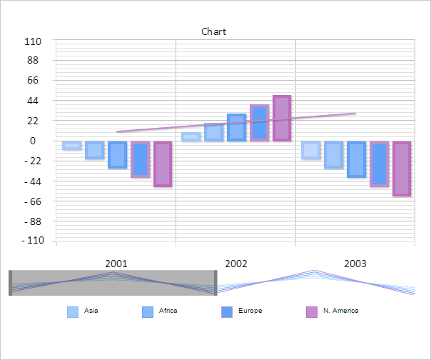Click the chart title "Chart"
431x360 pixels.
pos(213,31)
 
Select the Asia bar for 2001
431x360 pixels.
pos(71,146)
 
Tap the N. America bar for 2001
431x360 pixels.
pos(163,164)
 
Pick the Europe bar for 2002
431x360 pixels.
pos(237,127)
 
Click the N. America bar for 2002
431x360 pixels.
pos(282,118)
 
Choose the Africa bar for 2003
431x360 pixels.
pos(333,154)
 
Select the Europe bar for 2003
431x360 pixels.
pos(356,159)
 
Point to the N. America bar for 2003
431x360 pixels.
pos(402,169)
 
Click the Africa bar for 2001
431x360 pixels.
pos(94,150)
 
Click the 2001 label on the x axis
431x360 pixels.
pos(116,264)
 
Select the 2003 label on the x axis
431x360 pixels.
pos(355,264)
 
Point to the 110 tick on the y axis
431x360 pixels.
pos(33,41)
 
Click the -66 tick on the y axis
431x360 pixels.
pos(33,201)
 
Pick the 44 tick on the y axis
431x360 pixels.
pos(33,101)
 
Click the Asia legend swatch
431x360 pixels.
pos(73,312)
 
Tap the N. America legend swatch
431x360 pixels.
pos(311,312)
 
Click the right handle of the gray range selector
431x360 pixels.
pos(216,283)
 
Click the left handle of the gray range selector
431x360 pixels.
pos(10,283)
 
